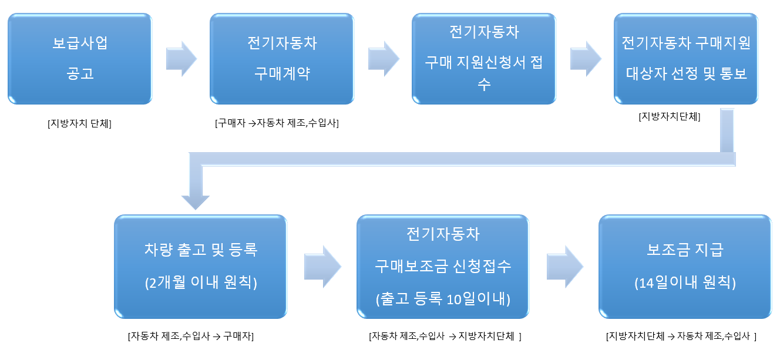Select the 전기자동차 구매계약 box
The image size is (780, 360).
[282, 59]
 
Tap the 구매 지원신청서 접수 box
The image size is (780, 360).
[483, 59]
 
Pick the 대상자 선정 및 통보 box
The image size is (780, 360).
[686, 59]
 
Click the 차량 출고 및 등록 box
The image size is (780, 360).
[200, 266]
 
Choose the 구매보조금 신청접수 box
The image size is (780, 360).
[443, 266]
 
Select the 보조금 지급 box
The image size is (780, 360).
[685, 266]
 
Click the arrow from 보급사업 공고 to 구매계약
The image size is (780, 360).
[181, 59]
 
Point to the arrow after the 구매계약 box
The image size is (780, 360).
[383, 59]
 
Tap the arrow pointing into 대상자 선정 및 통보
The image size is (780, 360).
[585, 59]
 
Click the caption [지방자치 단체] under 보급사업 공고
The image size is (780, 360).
[80, 123]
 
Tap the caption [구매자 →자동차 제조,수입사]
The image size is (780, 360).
[277, 123]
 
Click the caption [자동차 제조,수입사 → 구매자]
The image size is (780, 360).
[190, 337]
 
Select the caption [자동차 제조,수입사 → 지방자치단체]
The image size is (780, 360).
[445, 337]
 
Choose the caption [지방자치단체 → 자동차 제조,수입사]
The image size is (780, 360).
[681, 337]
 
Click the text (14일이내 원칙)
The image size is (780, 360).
[685, 282]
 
